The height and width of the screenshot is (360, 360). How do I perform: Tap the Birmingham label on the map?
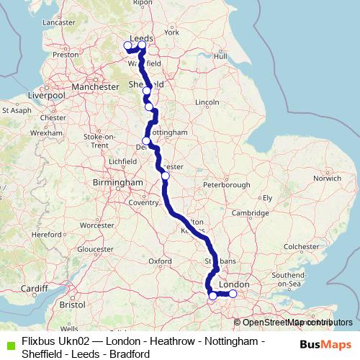coord(118,183)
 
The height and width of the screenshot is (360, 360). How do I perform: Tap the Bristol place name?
coord(72,305)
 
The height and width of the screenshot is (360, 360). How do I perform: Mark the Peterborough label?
coord(227,185)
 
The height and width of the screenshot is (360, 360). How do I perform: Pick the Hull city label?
coord(220,55)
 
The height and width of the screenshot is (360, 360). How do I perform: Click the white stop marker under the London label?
coord(233,294)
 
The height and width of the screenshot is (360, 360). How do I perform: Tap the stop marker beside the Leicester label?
coord(166,176)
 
